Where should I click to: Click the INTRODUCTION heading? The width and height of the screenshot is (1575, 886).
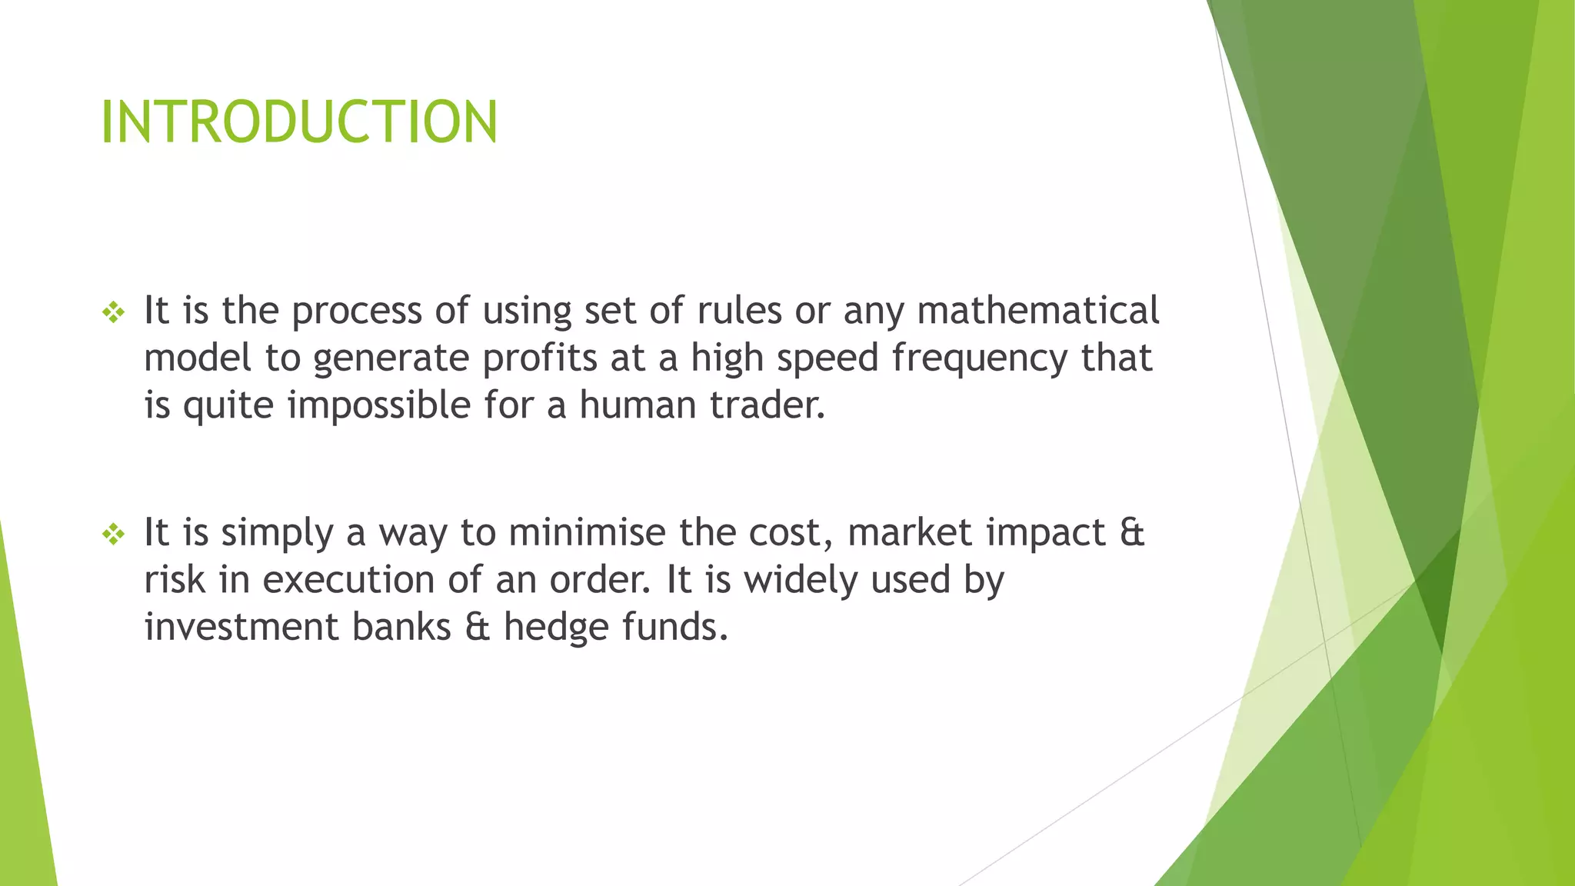[299, 122]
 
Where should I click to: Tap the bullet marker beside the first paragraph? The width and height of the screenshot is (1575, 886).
[113, 312]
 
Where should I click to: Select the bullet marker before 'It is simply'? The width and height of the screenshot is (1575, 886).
[113, 534]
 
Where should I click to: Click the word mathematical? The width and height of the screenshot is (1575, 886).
[1038, 311]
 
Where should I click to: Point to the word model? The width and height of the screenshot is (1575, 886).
[198, 358]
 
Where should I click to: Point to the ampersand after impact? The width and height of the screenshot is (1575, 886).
[1132, 533]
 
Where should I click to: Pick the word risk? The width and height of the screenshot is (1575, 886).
[175, 580]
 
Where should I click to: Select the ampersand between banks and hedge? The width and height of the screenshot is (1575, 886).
[477, 628]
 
